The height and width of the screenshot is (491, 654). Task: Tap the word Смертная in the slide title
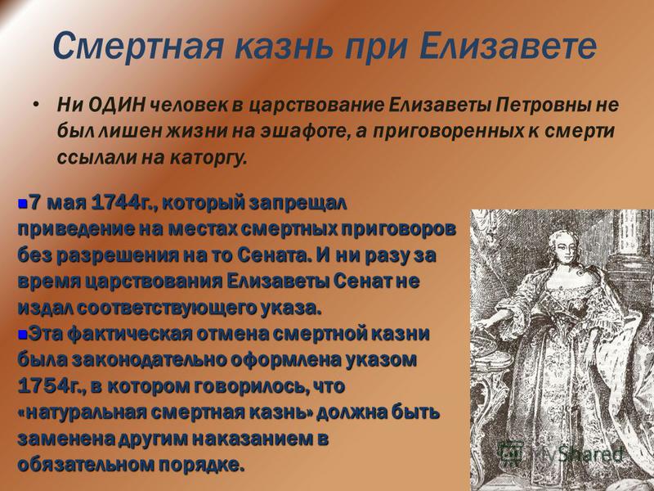pos(138,45)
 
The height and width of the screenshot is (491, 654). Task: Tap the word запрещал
pos(298,205)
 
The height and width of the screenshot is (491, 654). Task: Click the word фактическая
pos(130,335)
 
